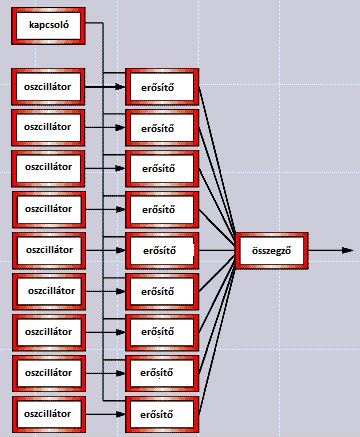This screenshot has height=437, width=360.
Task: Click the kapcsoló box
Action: tap(48, 26)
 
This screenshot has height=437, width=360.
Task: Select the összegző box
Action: tap(272, 251)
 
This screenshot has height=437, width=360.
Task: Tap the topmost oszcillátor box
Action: tap(48, 87)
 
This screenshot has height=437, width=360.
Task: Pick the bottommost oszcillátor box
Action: tap(49, 414)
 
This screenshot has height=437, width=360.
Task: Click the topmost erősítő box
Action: tap(162, 87)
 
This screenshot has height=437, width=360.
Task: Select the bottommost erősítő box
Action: tap(162, 414)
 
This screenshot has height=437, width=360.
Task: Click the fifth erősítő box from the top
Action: tap(162, 251)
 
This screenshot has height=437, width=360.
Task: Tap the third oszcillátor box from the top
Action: tap(48, 168)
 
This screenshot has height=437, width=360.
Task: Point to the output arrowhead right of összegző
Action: tap(348, 250)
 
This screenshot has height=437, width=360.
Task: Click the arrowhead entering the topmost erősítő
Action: tap(120, 87)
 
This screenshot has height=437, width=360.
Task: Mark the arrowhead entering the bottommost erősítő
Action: tap(120, 414)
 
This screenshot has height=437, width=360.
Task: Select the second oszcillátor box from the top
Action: tap(48, 128)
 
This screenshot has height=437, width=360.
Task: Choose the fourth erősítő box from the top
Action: tap(162, 210)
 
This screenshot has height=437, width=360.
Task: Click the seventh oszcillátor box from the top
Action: tap(49, 332)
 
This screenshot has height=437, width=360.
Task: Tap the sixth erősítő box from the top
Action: tap(162, 292)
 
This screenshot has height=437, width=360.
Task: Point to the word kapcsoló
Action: tap(49, 25)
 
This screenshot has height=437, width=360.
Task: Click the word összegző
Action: tap(272, 251)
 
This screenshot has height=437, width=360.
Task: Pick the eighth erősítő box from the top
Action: tap(162, 373)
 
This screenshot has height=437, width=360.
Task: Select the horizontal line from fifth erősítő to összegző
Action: tap(217, 250)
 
